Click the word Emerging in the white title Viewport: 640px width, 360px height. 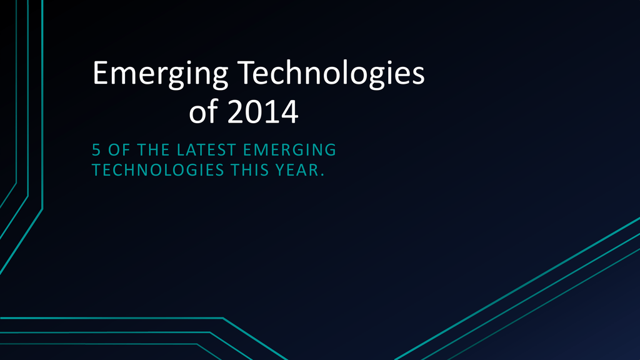tap(160, 74)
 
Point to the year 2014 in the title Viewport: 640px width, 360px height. tap(262, 111)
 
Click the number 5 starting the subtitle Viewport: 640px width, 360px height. tap(96, 150)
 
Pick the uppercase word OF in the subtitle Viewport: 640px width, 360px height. tap(119, 150)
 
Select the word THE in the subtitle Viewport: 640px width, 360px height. tap(153, 150)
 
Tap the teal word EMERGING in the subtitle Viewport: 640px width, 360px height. tap(289, 150)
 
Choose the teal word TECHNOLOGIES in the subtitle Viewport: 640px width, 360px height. tap(158, 170)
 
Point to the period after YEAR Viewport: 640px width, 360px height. tap(322, 175)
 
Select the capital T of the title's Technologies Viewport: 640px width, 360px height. tap(246, 72)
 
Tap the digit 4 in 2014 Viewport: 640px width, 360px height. tap(289, 111)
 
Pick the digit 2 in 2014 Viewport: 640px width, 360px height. tap(235, 111)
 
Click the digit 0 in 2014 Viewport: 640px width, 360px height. tap(253, 111)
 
